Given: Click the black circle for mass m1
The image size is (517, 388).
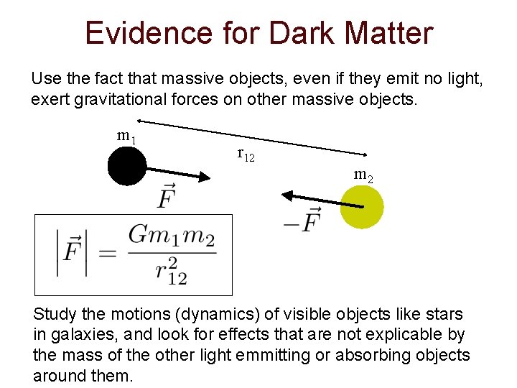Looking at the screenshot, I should click(127, 166).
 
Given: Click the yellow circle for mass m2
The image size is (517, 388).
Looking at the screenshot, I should click(361, 207).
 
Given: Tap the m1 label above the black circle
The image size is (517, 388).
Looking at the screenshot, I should click(127, 137).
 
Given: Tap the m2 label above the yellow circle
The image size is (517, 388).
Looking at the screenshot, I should click(363, 175).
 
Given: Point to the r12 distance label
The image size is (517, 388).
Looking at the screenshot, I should click(246, 154).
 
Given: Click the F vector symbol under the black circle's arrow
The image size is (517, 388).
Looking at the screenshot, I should click(166, 195).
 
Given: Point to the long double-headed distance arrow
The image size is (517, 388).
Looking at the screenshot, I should click(251, 137).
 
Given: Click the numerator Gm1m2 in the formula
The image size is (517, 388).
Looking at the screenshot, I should click(172, 236).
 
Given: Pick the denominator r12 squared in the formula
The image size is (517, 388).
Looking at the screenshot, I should click(171, 271).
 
